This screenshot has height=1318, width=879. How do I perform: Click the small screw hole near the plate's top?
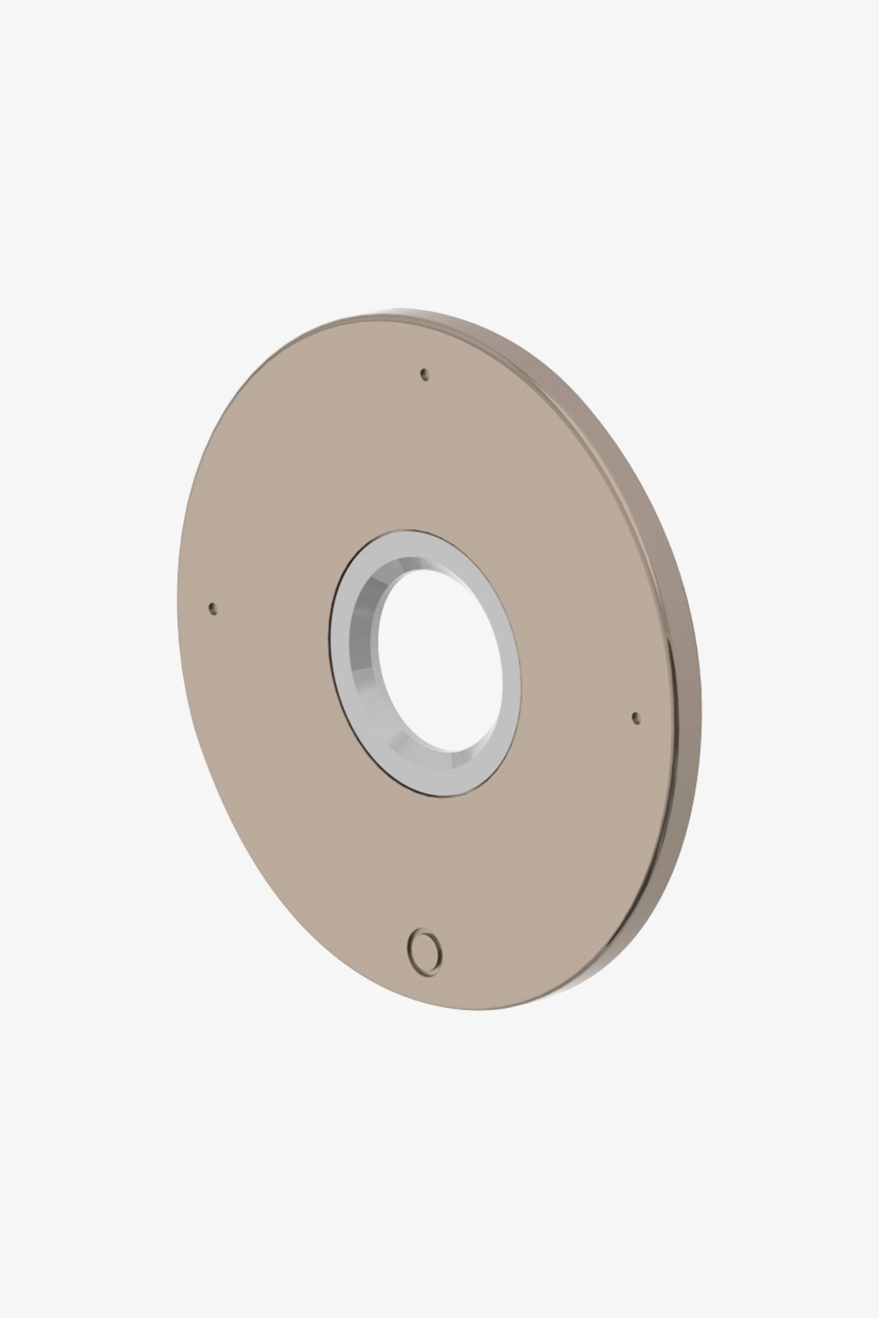(x=425, y=373)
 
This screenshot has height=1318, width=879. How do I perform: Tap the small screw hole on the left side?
(x=213, y=608)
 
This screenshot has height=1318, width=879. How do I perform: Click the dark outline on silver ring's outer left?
(x=330, y=644)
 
